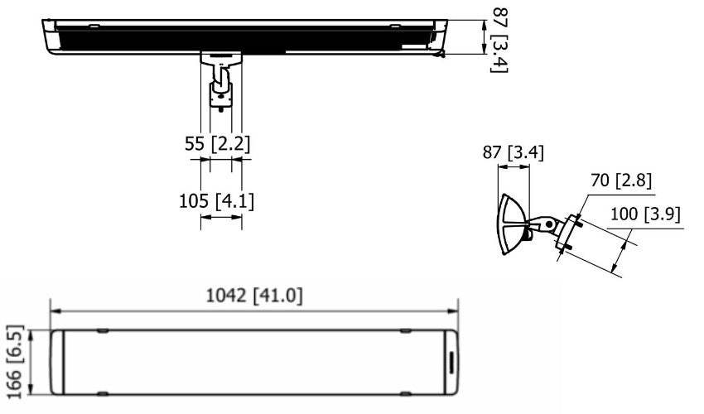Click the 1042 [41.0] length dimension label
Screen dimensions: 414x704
click(253, 296)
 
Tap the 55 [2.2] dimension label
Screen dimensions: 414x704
click(217, 143)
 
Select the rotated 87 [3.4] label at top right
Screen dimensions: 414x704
click(497, 39)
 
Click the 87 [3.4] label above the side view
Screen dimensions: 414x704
click(514, 152)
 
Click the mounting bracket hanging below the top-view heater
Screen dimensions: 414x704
click(221, 83)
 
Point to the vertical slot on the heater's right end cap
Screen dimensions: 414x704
click(451, 363)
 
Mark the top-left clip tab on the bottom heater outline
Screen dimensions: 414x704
click(102, 330)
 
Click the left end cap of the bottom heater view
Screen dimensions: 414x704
click(57, 363)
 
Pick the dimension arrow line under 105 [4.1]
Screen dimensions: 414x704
click(221, 217)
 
